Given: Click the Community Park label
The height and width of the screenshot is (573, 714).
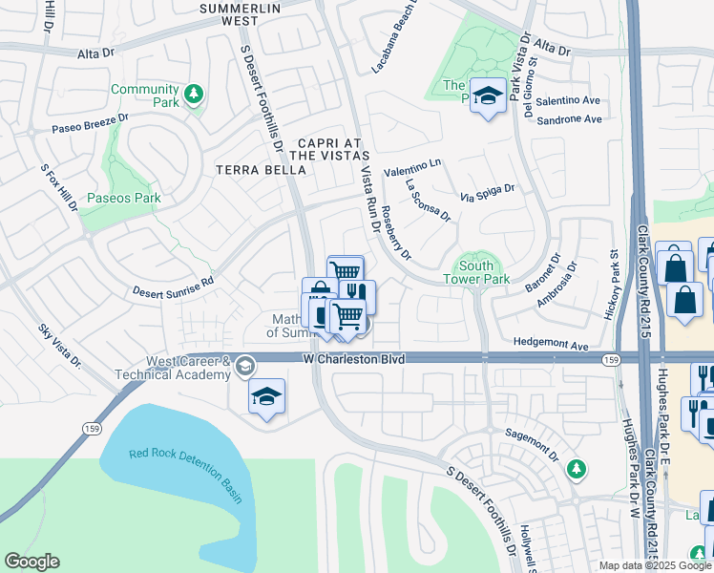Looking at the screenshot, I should click(x=144, y=95).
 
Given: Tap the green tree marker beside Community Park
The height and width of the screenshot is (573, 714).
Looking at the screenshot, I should click(x=194, y=94).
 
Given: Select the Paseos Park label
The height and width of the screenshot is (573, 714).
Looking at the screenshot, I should click(x=123, y=199).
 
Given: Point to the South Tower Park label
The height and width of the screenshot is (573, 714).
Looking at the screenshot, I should click(x=475, y=272).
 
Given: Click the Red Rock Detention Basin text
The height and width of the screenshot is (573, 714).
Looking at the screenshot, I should click(x=178, y=465).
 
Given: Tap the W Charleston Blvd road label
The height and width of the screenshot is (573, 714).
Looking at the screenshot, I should click(x=354, y=359).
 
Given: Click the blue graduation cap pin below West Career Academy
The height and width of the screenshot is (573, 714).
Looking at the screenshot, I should click(x=266, y=397).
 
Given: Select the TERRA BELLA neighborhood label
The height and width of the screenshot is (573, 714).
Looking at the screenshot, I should click(x=262, y=170).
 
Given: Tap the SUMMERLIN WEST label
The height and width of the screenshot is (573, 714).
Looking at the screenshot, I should click(x=241, y=13).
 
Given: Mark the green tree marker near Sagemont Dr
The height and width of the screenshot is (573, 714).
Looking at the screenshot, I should click(x=576, y=468).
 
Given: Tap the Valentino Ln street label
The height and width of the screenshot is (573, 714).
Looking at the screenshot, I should click(x=412, y=167).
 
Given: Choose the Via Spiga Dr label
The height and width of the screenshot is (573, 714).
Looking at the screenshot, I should click(x=487, y=194).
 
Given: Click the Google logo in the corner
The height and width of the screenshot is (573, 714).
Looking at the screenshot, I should click(x=31, y=562).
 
